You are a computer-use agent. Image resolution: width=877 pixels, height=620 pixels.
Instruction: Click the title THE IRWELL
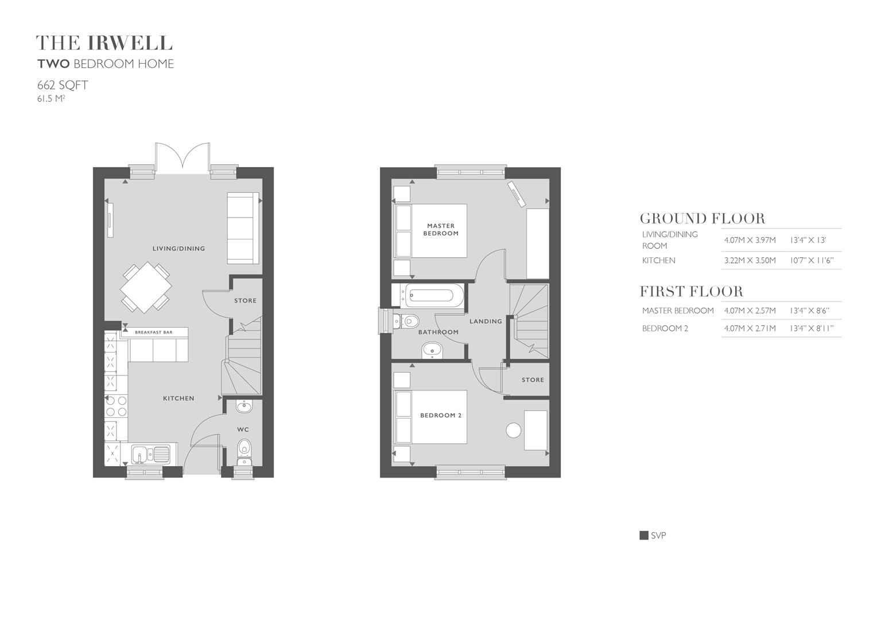(x=104, y=43)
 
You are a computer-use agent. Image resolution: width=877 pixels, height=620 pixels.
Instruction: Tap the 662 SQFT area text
(x=63, y=86)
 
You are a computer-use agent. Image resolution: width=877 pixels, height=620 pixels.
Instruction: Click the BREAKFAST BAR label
(x=154, y=332)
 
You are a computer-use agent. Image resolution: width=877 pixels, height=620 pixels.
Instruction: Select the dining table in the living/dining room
(x=146, y=287)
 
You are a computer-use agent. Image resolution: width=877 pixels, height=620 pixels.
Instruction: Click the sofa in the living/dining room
(x=243, y=228)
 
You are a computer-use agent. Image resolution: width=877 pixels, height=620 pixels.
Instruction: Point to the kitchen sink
(x=150, y=454)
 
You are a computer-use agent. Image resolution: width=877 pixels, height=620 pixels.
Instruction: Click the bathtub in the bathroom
(x=429, y=296)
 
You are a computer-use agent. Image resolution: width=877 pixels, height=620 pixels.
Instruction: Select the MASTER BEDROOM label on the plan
(x=441, y=230)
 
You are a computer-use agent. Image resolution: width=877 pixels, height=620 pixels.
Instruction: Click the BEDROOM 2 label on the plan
(x=441, y=415)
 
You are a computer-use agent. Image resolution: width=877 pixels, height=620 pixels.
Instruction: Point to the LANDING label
(x=486, y=321)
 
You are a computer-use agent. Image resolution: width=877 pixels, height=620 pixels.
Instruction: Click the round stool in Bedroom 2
(x=513, y=430)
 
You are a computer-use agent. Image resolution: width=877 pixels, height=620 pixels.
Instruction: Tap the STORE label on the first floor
(x=533, y=380)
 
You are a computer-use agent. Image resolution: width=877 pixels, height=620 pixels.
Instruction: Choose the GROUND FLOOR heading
(x=702, y=219)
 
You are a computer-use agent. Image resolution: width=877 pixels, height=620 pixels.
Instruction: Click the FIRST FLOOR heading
(x=691, y=292)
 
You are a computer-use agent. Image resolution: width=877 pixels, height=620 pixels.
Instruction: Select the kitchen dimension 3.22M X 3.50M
(x=750, y=261)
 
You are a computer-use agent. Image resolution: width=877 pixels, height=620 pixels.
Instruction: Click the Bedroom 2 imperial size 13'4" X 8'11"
(x=812, y=328)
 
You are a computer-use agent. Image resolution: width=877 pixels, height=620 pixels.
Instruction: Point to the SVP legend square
(x=644, y=536)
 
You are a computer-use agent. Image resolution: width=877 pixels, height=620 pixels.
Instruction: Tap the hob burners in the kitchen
(x=116, y=406)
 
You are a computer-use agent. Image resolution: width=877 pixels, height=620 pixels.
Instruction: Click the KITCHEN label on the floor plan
(x=178, y=398)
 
